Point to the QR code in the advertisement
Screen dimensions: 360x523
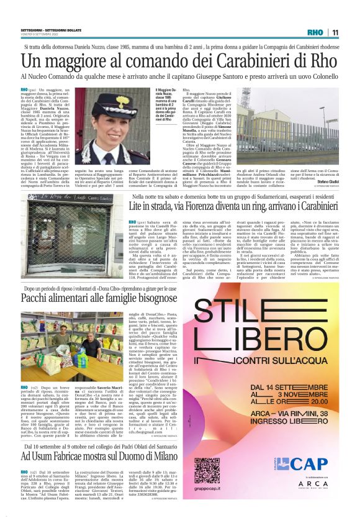point(215,470)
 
